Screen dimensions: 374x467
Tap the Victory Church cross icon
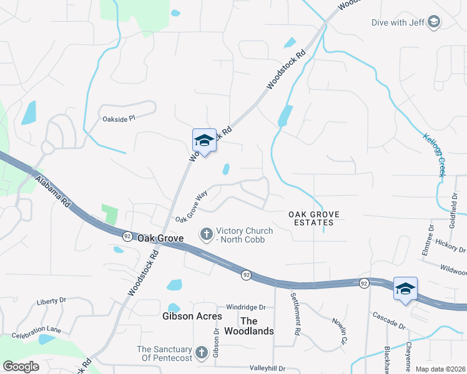[x=205, y=234]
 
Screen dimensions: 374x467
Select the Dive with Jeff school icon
[x=433, y=23]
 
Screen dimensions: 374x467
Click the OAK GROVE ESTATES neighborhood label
[x=313, y=218]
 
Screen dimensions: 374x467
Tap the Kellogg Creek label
[x=433, y=155]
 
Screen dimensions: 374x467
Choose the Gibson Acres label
[x=192, y=316]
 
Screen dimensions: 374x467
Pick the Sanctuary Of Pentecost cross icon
[x=201, y=353]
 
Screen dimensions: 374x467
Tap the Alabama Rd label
[x=52, y=193]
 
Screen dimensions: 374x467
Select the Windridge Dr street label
[x=246, y=307]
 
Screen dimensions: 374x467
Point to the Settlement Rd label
[x=297, y=311]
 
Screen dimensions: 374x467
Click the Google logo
[x=21, y=366]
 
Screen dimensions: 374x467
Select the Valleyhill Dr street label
[x=267, y=368]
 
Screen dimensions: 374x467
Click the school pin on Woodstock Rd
[x=204, y=141]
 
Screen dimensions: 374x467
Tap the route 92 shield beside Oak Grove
[x=127, y=236]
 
